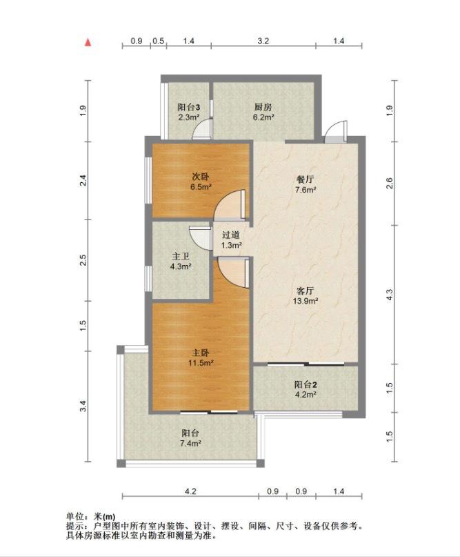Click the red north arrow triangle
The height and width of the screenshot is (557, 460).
[88, 43]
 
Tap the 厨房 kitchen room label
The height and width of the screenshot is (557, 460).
[263, 107]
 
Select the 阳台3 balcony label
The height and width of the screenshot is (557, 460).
[188, 107]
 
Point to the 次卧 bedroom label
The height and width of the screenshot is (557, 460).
[201, 177]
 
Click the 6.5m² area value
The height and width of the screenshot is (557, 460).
[201, 186]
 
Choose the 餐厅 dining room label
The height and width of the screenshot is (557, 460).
[306, 179]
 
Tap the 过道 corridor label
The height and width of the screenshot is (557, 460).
[231, 235]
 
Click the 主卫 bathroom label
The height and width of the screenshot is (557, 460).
[181, 256]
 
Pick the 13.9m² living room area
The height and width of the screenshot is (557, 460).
[306, 301]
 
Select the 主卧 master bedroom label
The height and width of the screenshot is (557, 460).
[201, 353]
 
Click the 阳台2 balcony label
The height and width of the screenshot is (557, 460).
[306, 384]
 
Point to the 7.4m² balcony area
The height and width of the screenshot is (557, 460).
[190, 443]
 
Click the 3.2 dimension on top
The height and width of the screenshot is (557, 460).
[263, 41]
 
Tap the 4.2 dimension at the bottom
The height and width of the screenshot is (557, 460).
[190, 491]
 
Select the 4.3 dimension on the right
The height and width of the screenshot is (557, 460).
[390, 295]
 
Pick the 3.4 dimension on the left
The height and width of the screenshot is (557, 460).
[83, 406]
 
